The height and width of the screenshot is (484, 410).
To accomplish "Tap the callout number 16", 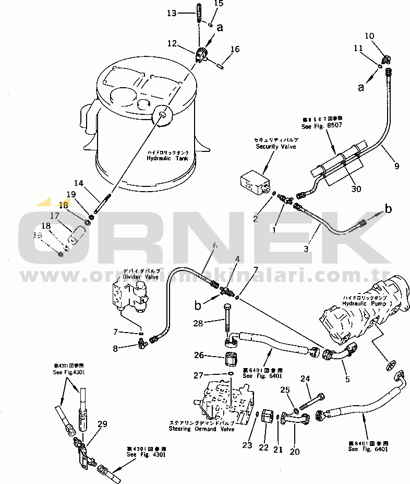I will coord(235,50).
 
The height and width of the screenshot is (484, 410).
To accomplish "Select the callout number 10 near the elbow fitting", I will coord(369,36).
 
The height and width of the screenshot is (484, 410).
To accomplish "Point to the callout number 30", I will coord(356,188).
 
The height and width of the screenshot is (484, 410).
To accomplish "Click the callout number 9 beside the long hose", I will coord(397,167).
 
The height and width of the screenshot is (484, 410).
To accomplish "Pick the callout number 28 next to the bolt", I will coord(198,324).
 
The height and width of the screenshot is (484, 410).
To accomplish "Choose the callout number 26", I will coord(199,356).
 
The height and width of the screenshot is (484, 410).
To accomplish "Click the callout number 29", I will coord(102,424).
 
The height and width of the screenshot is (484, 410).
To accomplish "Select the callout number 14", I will coord(79,183).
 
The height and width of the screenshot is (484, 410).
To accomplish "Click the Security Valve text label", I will coord(275,147).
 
